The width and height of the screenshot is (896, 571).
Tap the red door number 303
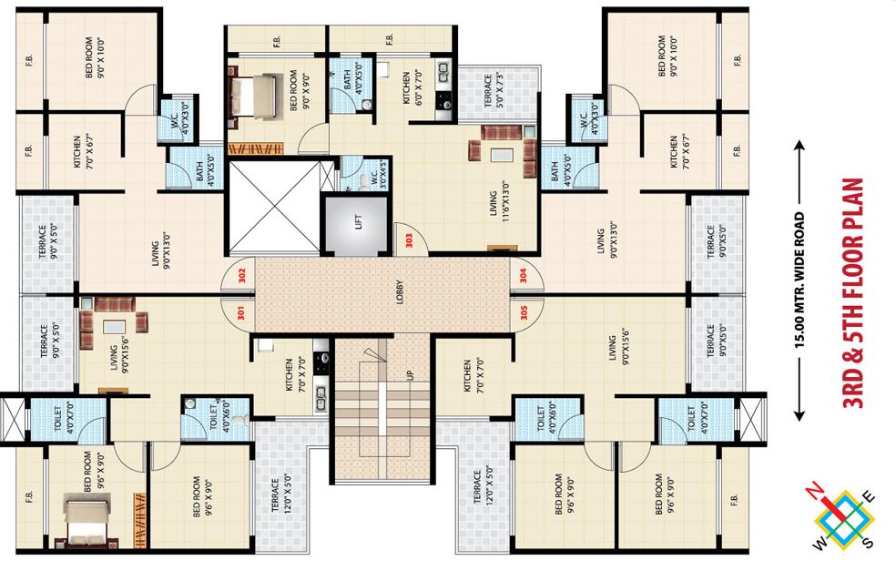click(x=410, y=240)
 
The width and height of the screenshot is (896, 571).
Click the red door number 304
click(x=523, y=275)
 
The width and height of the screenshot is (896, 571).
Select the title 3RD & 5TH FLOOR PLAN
click(x=855, y=293)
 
